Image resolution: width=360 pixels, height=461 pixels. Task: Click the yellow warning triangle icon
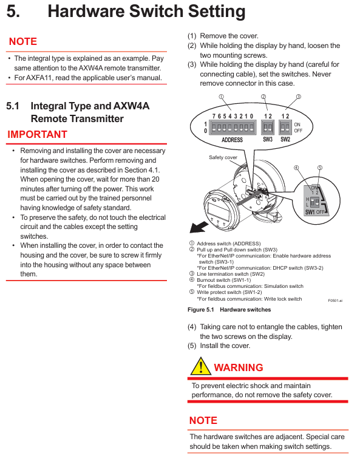click(201, 366)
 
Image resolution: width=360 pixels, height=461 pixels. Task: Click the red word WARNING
click(239, 367)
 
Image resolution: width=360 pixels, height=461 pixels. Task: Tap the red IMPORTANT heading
click(37, 134)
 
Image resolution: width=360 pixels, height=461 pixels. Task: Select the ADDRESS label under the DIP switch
click(232, 140)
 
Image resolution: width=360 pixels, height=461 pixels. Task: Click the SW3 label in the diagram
click(268, 139)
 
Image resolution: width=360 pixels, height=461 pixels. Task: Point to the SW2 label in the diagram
click(285, 139)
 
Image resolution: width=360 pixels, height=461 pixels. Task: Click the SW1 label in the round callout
click(310, 212)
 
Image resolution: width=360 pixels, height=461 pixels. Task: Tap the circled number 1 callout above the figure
click(222, 97)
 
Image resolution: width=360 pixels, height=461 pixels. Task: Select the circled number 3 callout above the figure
click(299, 97)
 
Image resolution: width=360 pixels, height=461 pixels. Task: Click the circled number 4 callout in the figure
click(296, 168)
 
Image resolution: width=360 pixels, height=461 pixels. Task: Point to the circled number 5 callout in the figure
click(320, 168)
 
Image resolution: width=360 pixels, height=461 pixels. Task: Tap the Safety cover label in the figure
click(223, 157)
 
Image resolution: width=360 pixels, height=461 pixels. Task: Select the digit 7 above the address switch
click(214, 116)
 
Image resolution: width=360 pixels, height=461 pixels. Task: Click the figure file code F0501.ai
click(335, 301)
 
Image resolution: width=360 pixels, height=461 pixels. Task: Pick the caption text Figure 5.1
click(201, 310)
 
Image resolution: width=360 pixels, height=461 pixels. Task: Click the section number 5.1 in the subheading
click(13, 106)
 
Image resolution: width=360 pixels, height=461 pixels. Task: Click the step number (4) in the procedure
click(192, 327)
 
